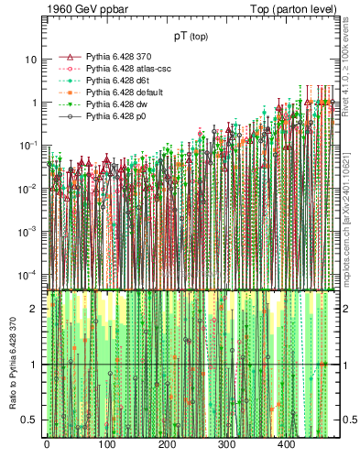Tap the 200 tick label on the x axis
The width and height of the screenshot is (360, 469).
tap(167, 444)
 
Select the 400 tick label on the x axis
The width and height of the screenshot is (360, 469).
tap(287, 444)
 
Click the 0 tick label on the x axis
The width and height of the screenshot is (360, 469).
tap(47, 444)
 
